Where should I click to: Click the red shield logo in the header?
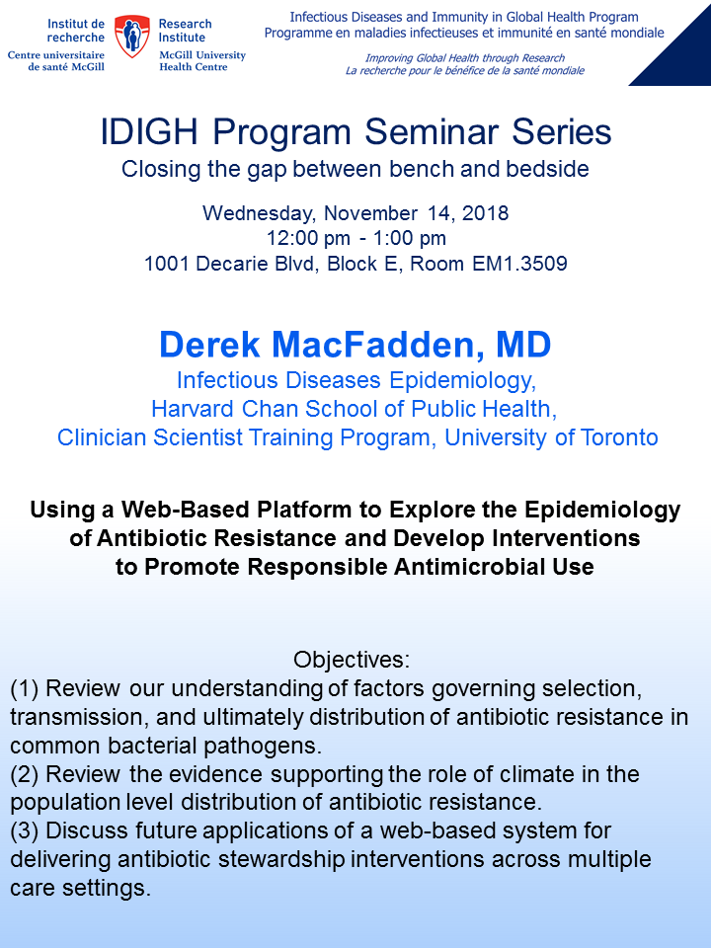tap(131, 37)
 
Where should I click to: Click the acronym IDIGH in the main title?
tap(149, 131)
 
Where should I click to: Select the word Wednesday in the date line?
tap(258, 213)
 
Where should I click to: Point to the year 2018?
tap(486, 213)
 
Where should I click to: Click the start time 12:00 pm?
tap(308, 238)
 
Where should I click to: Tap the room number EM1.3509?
tap(520, 264)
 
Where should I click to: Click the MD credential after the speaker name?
tap(523, 345)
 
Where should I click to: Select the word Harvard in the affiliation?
tap(194, 409)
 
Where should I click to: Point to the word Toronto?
tap(619, 437)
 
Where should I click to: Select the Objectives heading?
tap(352, 660)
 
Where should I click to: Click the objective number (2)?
tap(24, 774)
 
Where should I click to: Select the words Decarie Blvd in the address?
tap(258, 264)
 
